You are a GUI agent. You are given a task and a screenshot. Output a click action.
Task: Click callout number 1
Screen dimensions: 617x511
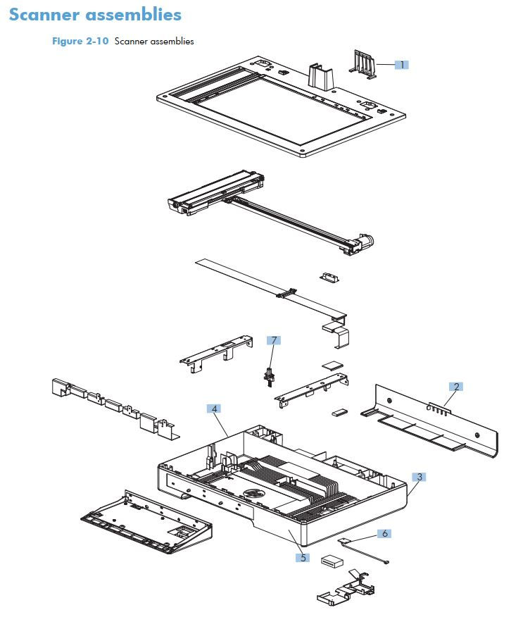[401, 64]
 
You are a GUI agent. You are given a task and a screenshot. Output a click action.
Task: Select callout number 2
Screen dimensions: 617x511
[457, 386]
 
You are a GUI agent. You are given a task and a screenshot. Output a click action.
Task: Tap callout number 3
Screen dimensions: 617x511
[419, 477]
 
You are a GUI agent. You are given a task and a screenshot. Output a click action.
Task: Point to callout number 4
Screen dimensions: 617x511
[213, 408]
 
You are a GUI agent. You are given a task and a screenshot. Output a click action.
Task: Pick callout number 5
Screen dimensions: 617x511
[303, 557]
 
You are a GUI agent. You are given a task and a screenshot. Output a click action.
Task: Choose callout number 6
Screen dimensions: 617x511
[384, 533]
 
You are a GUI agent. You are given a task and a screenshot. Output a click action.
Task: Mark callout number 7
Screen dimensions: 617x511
[273, 340]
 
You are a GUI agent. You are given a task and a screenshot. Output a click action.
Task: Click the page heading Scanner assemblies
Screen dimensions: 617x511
[95, 15]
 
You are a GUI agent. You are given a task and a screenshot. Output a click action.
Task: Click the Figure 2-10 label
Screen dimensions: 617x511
[80, 41]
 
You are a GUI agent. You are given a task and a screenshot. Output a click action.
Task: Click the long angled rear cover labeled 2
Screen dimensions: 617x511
[429, 419]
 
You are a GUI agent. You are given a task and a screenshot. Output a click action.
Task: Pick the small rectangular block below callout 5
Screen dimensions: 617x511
[332, 561]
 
